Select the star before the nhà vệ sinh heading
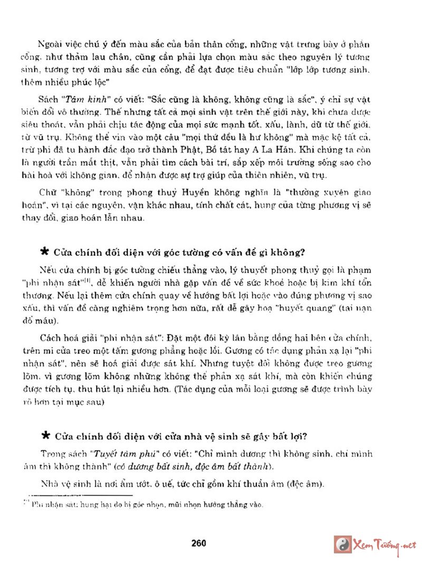click(45, 436)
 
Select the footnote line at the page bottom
click(145, 505)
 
